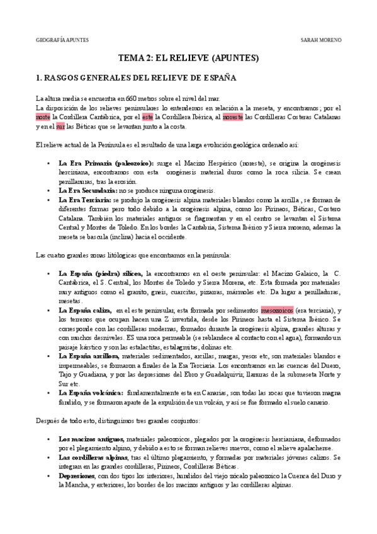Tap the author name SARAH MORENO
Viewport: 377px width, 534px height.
[321, 39]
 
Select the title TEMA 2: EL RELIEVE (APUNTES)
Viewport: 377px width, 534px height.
[189, 58]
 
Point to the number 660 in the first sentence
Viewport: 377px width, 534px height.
[132, 99]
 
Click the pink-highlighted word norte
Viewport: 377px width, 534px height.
[43, 117]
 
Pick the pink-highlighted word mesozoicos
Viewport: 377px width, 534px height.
[277, 310]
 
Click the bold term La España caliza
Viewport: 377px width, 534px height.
[84, 310]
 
